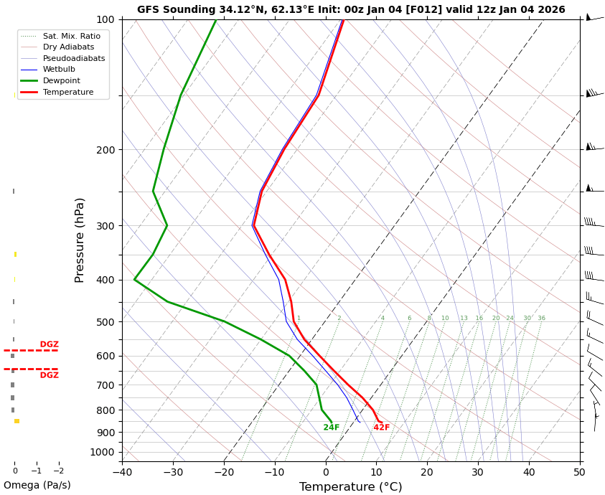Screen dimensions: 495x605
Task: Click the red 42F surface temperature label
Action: (381, 428)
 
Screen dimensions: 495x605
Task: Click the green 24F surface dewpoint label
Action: (331, 428)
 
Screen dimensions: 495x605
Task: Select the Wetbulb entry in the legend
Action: (59, 70)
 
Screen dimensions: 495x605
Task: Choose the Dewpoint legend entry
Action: (62, 81)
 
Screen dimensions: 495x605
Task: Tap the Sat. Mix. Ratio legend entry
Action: (72, 36)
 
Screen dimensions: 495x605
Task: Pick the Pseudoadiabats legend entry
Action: (74, 58)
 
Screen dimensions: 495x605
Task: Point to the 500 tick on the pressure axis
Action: (105, 322)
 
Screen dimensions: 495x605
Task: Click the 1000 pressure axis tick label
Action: (102, 452)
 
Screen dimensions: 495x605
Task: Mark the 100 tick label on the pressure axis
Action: (105, 19)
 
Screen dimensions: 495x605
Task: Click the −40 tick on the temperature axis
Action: (122, 472)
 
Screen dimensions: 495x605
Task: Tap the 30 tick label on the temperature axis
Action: (478, 472)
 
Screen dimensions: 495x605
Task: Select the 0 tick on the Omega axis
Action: (14, 471)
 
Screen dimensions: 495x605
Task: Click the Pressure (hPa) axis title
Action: (80, 240)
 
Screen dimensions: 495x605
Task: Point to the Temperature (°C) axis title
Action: (350, 487)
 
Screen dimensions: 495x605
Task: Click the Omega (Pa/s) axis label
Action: (37, 486)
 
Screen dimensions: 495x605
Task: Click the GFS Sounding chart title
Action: (351, 9)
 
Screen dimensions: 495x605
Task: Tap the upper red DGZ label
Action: (50, 344)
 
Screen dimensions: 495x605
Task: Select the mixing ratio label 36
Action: (541, 318)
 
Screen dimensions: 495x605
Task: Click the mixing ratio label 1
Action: (299, 318)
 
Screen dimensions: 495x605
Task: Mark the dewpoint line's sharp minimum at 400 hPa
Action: (135, 280)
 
